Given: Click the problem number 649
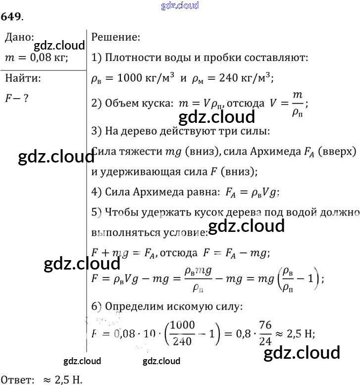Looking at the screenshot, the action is (10, 16).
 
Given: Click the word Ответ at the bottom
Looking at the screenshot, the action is (17, 379).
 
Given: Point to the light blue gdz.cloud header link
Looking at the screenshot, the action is (180, 5).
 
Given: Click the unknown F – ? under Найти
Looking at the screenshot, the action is (16, 98).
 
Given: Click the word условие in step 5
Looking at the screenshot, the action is (180, 232).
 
